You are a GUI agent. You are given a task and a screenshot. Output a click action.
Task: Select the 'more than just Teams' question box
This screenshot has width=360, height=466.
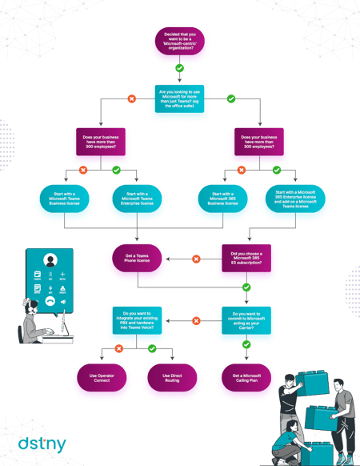pos(179,99)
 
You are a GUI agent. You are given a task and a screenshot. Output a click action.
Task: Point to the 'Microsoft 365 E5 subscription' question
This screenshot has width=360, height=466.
pos(247,259)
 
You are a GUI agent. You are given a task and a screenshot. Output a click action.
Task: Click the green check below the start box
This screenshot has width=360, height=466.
pos(179,69)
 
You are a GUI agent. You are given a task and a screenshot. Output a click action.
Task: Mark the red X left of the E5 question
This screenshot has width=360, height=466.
pos(194,259)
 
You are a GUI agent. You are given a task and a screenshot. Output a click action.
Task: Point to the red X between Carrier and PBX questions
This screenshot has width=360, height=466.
pos(194,320)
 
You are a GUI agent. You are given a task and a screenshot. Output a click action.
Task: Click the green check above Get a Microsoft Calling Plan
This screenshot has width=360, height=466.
pos(247,346)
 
